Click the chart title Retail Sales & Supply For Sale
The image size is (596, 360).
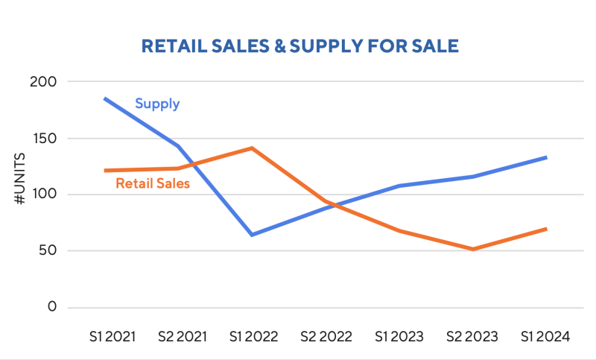[299, 46]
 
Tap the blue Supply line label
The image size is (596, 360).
[157, 104]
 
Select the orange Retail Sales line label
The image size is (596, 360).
[153, 183]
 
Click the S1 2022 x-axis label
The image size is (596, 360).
[253, 337]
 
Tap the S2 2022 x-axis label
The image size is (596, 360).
[326, 337]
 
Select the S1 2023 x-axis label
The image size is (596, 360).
[399, 337]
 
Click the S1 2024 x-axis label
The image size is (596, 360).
[545, 337]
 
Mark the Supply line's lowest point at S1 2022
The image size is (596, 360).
[253, 235]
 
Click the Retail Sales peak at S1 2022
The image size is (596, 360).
[253, 148]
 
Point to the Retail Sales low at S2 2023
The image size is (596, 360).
[472, 249]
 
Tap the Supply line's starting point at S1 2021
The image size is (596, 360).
[106, 98]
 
